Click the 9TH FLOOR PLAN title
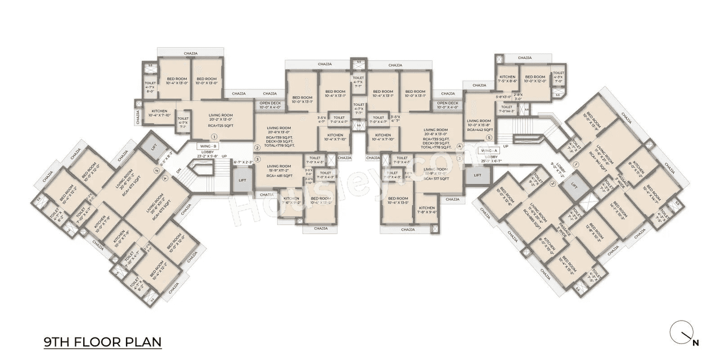pyautogui.click(x=102, y=341)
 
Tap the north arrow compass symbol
pyautogui.click(x=682, y=332)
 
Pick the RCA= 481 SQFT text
pyautogui.click(x=279, y=175)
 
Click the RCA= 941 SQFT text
pyautogui.click(x=592, y=162)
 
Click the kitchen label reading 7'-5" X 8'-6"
pyautogui.click(x=507, y=79)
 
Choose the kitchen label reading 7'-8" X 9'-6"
pyautogui.click(x=427, y=210)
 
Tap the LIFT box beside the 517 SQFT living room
pyautogui.click(x=478, y=175)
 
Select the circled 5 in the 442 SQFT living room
pyautogui.click(x=488, y=138)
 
